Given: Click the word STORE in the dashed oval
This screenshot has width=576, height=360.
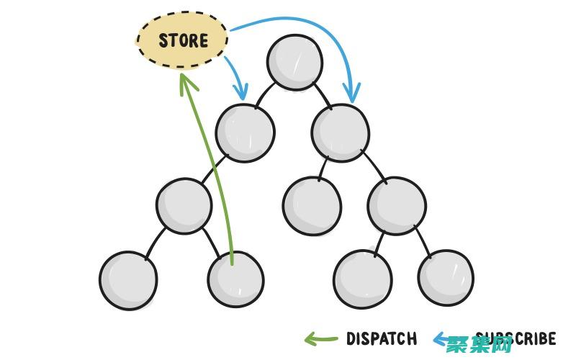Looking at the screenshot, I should click(x=183, y=40).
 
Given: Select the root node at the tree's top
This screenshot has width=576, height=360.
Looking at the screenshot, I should click(x=294, y=62).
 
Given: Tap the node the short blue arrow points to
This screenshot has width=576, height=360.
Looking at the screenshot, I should click(x=245, y=132).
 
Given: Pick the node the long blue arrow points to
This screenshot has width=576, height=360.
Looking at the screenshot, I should click(x=341, y=132).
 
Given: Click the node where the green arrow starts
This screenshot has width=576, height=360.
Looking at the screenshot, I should click(x=235, y=279).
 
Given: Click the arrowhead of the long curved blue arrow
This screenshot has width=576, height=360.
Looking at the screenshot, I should click(x=352, y=94).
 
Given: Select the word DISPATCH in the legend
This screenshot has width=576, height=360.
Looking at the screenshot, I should click(x=382, y=338).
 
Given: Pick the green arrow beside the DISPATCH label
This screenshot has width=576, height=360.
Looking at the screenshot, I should click(x=320, y=338).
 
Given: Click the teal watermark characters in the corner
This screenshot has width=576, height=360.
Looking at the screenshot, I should click(x=479, y=345).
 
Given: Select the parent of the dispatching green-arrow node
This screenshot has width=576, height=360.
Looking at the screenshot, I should click(x=184, y=205).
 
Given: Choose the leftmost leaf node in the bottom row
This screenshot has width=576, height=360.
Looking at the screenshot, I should click(x=128, y=280).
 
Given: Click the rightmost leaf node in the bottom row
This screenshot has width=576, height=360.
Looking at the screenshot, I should click(x=446, y=277).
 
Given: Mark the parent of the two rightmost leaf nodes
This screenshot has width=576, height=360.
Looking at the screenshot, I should click(x=396, y=205).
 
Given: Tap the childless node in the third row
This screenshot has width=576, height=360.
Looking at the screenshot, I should click(x=312, y=205).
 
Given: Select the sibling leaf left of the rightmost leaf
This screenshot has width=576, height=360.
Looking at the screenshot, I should click(x=363, y=279).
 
